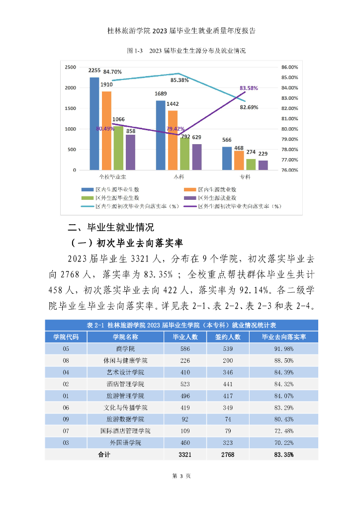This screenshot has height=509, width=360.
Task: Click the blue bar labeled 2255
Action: click(94, 124)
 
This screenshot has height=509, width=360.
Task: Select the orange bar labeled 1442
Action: click(173, 140)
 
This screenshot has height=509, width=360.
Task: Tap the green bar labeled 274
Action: click(251, 165)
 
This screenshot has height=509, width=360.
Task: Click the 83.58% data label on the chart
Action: click(249, 88)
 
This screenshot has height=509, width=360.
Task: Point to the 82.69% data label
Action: click(249, 107)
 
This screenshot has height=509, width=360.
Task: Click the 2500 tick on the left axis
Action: click(70, 67)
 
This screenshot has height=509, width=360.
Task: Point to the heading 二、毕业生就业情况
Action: click(111, 228)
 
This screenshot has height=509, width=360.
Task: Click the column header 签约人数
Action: click(227, 337)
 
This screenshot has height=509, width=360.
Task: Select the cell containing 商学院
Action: click(125, 348)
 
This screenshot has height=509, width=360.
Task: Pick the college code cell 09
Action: click(66, 420)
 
